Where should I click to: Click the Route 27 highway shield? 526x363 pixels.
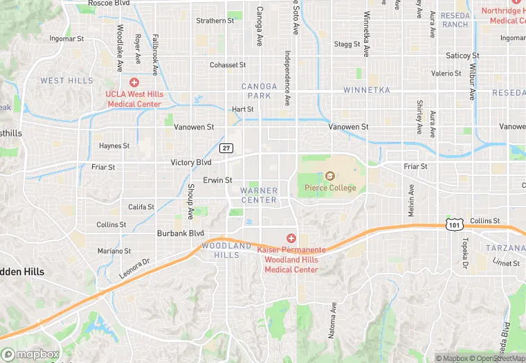pyautogui.click(x=226, y=148)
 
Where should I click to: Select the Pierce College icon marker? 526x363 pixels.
pyautogui.click(x=329, y=177)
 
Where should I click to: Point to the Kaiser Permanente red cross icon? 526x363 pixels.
pyautogui.click(x=291, y=238)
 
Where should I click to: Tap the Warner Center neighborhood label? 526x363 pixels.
pyautogui.click(x=259, y=195)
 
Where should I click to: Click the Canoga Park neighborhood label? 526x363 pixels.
pyautogui.click(x=259, y=91)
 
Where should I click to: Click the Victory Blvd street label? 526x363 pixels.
pyautogui.click(x=191, y=163)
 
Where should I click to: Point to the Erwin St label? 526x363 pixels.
pyautogui.click(x=217, y=180)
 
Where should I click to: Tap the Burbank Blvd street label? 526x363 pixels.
pyautogui.click(x=180, y=233)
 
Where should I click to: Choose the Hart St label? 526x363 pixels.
pyautogui.click(x=242, y=109)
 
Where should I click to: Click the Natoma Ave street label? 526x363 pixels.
pyautogui.click(x=333, y=319)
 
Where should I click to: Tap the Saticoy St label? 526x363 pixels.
pyautogui.click(x=462, y=55)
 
